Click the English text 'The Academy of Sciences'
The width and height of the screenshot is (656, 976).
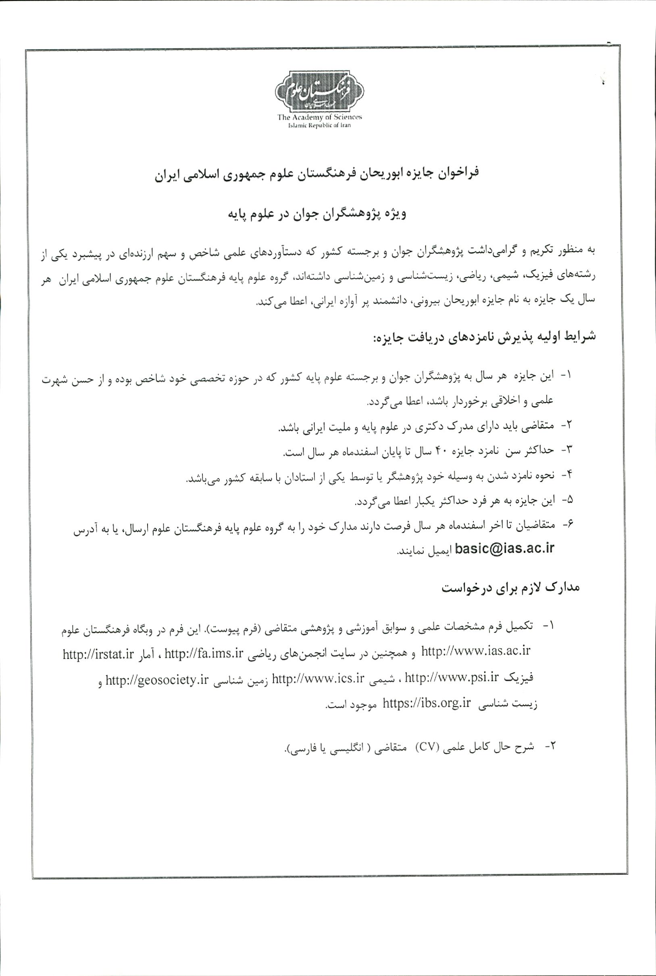pos(319,117)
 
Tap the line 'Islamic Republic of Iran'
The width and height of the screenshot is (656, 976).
pos(320,125)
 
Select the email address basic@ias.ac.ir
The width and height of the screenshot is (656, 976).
pos(504,548)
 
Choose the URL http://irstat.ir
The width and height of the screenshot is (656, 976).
pos(98,654)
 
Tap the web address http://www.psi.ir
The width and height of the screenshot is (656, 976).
pos(452,677)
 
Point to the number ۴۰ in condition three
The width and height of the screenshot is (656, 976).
pos(442,451)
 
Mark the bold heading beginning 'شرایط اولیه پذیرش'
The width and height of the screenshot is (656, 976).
pos(483,337)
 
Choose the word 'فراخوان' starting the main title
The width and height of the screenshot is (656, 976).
pos(459,173)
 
